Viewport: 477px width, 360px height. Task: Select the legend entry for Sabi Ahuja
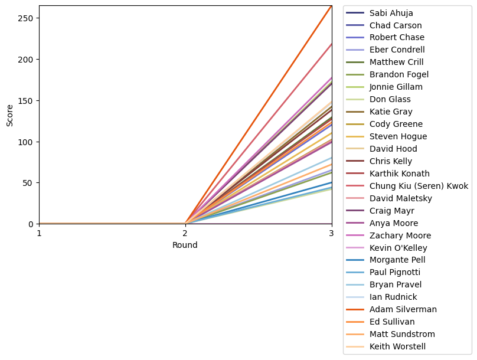tap(391, 12)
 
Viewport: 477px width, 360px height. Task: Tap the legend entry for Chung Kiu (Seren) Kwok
tap(419, 186)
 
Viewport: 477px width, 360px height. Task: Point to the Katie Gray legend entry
tap(391, 112)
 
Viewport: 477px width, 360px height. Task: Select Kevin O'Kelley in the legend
tap(398, 248)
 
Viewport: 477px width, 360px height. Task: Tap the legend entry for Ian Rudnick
tap(390, 297)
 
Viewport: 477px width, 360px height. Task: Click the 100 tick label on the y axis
tap(28, 142)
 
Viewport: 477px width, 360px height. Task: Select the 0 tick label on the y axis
tap(32, 224)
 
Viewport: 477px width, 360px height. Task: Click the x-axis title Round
tap(185, 245)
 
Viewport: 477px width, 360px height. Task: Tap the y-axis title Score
tap(9, 115)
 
